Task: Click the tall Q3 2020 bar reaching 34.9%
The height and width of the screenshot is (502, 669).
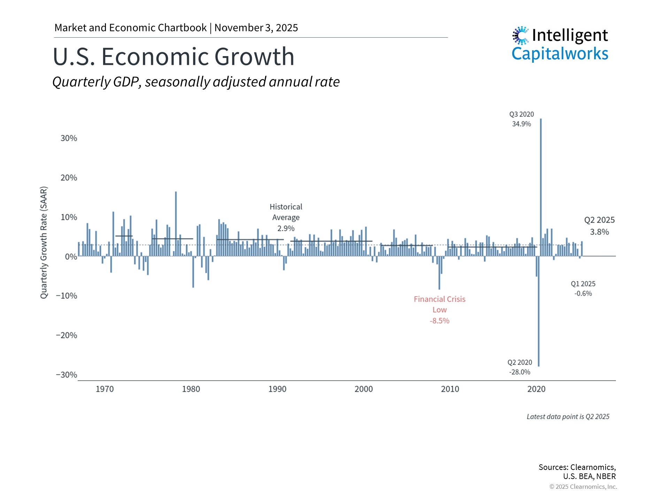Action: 541,188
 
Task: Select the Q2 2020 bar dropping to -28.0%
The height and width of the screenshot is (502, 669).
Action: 539,314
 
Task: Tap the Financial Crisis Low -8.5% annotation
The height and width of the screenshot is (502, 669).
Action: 439,310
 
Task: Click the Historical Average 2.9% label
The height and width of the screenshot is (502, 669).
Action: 286,217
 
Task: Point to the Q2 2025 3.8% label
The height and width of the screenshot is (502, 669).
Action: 599,226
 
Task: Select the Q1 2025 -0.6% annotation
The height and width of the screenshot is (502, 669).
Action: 583,288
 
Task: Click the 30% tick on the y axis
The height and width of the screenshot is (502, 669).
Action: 69,138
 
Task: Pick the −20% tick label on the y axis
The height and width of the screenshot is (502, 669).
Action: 67,335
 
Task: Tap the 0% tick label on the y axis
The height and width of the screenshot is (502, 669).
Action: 71,257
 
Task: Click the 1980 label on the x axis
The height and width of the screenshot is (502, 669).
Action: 191,389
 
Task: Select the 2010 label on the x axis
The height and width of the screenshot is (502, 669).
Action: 450,389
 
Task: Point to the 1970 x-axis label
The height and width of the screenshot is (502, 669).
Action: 105,389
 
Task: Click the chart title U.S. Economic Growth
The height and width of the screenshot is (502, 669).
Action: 174,56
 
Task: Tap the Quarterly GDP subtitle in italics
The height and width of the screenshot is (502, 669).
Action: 196,82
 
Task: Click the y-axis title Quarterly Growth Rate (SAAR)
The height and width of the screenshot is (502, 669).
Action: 44,243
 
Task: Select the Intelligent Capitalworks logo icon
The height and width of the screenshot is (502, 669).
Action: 521,35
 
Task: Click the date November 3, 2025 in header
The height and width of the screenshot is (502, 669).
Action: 256,28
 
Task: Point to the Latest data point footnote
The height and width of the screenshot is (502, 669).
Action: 568,417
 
